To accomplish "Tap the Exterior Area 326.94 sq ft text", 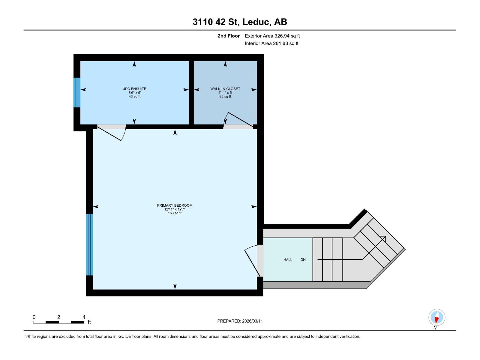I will tap(272, 36).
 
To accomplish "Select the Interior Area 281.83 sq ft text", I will tap(271, 43).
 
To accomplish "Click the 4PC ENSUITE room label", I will tap(134, 89).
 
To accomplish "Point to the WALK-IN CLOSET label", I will tap(225, 89).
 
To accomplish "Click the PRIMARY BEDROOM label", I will tap(175, 205).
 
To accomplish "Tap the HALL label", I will tap(288, 260).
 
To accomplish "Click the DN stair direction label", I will tap(303, 260).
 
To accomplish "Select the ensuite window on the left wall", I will tap(77, 92).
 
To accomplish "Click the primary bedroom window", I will tap(89, 244).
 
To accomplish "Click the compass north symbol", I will tap(436, 317).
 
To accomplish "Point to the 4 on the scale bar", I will tap(84, 317).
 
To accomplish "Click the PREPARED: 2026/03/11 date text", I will tap(240, 321).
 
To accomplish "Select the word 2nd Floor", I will tap(229, 36).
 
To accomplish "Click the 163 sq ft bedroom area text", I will tap(175, 213).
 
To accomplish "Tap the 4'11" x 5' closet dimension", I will tap(225, 93).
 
